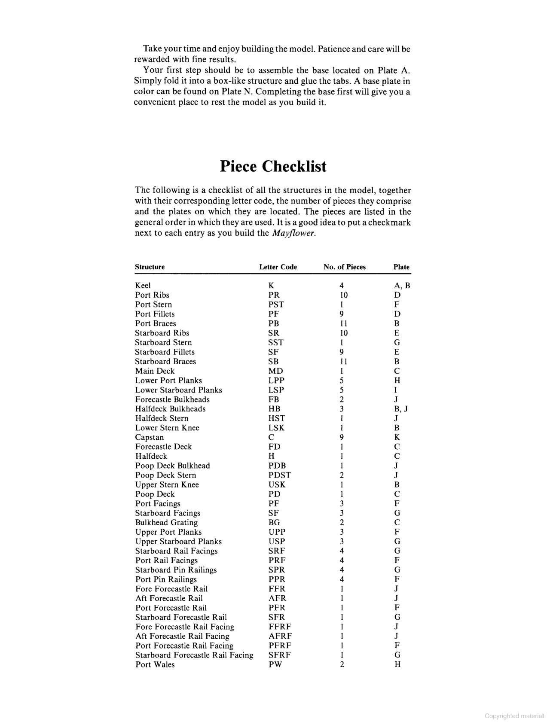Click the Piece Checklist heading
273,166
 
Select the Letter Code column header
278,267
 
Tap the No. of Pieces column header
345,267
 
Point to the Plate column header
401,267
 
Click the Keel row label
143,286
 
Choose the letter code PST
276,305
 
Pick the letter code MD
275,371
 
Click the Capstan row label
149,437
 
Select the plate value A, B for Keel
402,286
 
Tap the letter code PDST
279,475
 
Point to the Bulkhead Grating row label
166,523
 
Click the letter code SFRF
279,655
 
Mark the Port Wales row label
155,664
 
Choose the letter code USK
277,484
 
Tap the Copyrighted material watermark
514,716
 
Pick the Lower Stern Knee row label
167,428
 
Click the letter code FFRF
280,627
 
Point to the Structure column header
150,267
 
